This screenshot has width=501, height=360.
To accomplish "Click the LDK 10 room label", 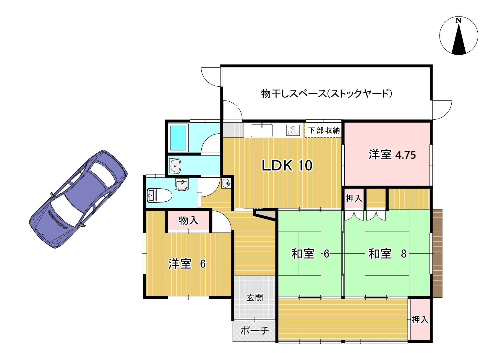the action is [287, 166].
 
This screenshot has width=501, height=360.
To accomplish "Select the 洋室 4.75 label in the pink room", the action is [392, 155].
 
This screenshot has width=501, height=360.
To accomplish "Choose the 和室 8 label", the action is [387, 254].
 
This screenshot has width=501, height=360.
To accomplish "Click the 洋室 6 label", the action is [187, 264].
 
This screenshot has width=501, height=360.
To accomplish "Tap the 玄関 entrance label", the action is [255, 298].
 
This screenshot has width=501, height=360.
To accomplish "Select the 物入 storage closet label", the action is [189, 220].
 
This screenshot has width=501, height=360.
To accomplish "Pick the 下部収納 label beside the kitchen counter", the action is [324, 130].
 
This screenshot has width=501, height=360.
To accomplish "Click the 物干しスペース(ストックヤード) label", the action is [327, 93].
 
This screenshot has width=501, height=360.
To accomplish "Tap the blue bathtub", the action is [178, 138].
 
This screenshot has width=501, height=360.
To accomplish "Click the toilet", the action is [159, 195].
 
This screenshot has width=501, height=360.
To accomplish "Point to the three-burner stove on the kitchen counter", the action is [293, 130].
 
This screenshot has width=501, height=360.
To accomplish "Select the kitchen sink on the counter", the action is [262, 131].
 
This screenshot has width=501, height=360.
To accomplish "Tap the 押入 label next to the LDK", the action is [354, 198].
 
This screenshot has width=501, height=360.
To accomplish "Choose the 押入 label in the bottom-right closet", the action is [420, 320].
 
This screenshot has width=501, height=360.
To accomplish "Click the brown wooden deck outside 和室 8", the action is [437, 253].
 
